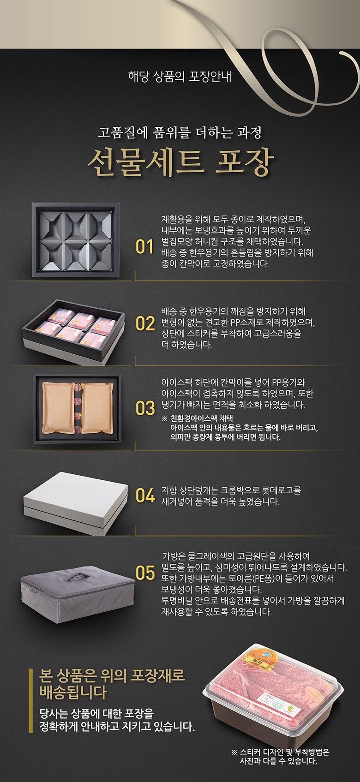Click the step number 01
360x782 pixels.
point(144,247)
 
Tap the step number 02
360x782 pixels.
point(145,323)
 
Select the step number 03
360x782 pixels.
point(145,408)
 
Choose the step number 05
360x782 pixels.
point(145,573)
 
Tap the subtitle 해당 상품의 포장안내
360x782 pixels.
point(180,77)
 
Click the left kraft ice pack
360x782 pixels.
point(58,407)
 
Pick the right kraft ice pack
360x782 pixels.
point(97,407)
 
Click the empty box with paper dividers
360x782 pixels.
point(76,239)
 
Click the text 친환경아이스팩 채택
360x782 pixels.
point(202,418)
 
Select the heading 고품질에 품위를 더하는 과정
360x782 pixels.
point(180,133)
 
